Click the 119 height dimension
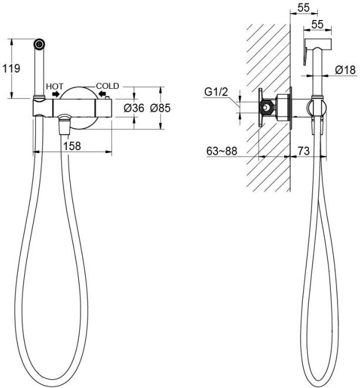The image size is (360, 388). [x=12, y=68]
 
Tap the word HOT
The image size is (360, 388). [x=55, y=86]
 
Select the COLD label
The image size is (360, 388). [x=108, y=86]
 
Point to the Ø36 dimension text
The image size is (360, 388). [x=134, y=108]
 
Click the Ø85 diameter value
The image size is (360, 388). [x=161, y=108]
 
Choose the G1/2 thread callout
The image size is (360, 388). [x=215, y=92]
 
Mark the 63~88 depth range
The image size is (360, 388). [x=222, y=151]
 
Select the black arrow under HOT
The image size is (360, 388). [x=56, y=94]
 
